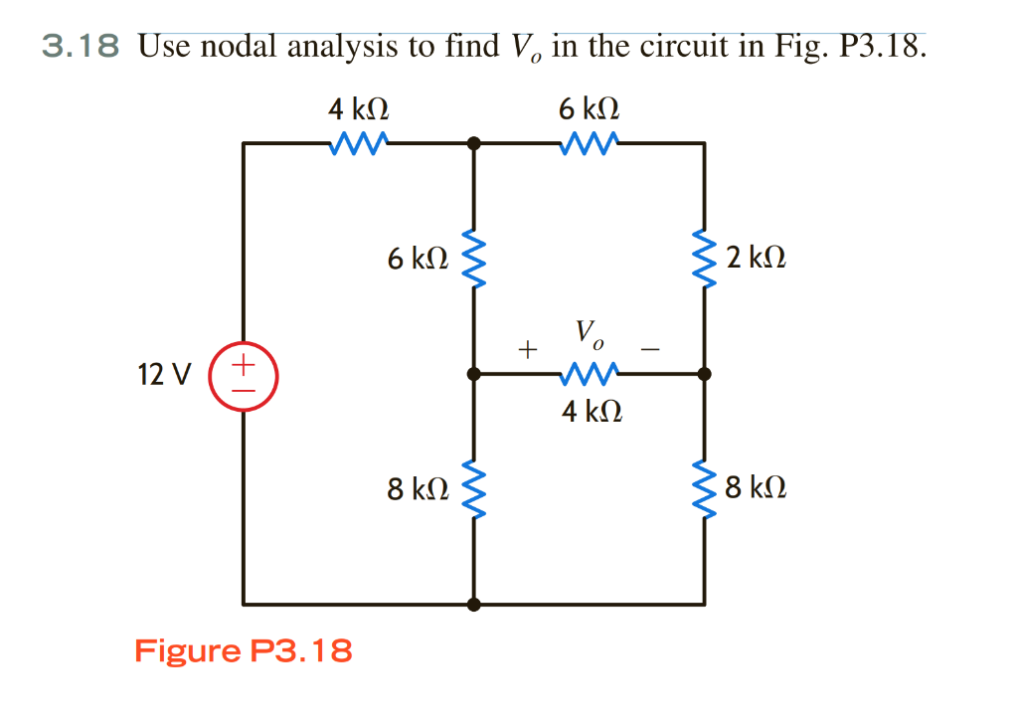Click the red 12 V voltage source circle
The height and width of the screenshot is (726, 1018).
click(244, 375)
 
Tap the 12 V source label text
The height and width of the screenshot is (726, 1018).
click(165, 376)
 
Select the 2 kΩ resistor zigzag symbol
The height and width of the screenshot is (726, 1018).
click(705, 260)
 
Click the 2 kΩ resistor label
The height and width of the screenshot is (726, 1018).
click(756, 260)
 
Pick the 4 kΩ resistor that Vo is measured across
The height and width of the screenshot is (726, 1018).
click(591, 375)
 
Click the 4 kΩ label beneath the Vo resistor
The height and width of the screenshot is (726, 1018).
click(592, 411)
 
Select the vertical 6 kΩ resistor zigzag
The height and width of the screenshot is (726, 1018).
click(474, 260)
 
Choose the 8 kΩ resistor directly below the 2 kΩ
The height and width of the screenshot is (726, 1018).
click(705, 488)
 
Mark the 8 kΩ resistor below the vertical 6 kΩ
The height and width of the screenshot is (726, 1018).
click(474, 488)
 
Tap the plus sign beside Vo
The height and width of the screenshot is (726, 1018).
click(526, 349)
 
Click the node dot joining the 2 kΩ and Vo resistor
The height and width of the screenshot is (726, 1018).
click(705, 375)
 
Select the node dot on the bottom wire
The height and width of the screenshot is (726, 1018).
click(474, 604)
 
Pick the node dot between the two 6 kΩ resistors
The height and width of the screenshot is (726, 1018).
click(474, 143)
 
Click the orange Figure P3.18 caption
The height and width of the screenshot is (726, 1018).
click(243, 651)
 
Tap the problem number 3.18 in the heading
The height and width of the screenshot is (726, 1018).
click(81, 46)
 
